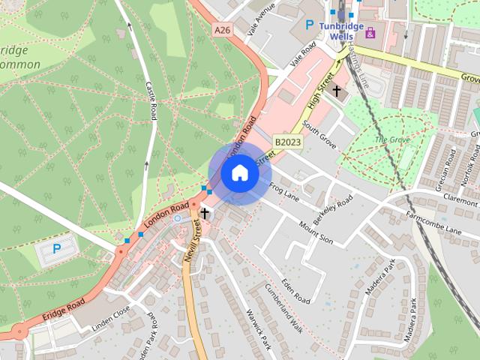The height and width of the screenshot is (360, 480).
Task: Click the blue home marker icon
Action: pyautogui.click(x=240, y=173)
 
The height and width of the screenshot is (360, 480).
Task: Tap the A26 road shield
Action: pyautogui.click(x=220, y=31)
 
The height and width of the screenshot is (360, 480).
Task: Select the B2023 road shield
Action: pyautogui.click(x=286, y=141)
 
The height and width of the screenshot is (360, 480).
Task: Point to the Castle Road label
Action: pyautogui.click(x=151, y=100)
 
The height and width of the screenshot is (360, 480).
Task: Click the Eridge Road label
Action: pyautogui.click(x=64, y=308)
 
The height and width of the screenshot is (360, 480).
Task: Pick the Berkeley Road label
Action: pyautogui.click(x=334, y=212)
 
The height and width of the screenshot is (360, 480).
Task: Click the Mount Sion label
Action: pyautogui.click(x=316, y=234)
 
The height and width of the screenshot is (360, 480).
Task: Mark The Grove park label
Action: pyautogui.click(x=391, y=140)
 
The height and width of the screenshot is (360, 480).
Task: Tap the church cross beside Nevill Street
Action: pyautogui.click(x=204, y=214)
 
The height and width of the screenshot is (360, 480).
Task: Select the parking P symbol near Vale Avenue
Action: pyautogui.click(x=309, y=25)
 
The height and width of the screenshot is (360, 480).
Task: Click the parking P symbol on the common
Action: pyautogui.click(x=57, y=248)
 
